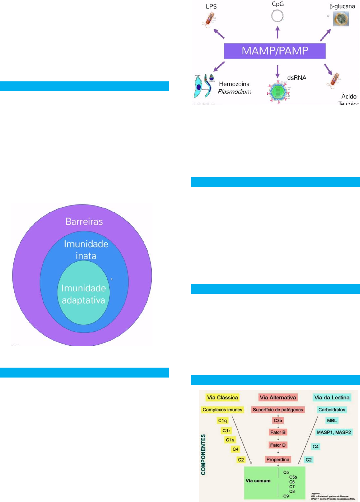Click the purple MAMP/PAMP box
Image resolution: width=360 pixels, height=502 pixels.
pos(275,51)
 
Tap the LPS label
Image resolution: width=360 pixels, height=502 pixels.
pos(211,6)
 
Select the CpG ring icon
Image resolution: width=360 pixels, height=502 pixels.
pos(277,16)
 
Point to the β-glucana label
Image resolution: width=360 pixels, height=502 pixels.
pos(342,6)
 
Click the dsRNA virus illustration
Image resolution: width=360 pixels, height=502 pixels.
pos(278,92)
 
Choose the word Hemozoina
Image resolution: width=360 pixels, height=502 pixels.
pos(234,84)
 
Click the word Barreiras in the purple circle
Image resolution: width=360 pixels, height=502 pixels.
pos(84,222)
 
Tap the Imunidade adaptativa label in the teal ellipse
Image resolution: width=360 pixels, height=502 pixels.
pos(83,294)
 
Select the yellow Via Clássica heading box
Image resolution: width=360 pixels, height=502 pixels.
pos(222,397)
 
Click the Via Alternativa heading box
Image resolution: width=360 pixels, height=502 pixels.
pos(278,397)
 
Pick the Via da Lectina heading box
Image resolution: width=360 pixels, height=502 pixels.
pos(332,397)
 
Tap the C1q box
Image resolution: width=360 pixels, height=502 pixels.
pos(223,420)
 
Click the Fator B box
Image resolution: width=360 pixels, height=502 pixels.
pos(278,432)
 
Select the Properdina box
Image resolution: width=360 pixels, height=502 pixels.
pos(278,460)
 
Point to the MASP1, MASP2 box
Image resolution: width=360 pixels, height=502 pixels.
pos(334,432)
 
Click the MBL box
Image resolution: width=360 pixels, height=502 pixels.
pos(332,420)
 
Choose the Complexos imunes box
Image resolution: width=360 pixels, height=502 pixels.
pos(222,410)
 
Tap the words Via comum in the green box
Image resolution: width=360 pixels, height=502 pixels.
pos(258,481)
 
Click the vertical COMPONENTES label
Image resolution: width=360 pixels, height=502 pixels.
pos(203,454)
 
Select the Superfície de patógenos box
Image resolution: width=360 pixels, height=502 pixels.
pos(278,410)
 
